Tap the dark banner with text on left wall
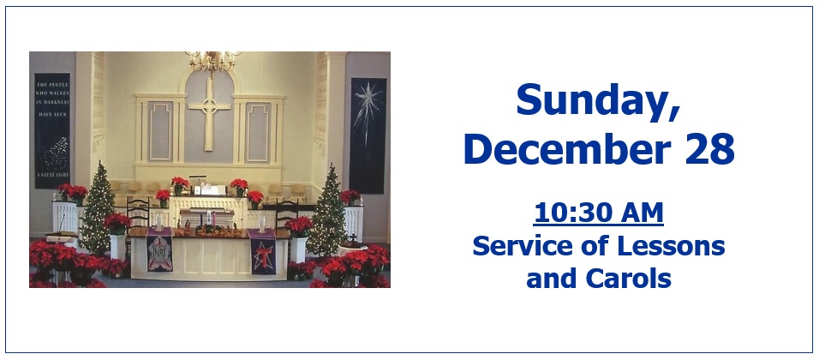[x=52, y=129]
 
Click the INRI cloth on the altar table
[x=159, y=250]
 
